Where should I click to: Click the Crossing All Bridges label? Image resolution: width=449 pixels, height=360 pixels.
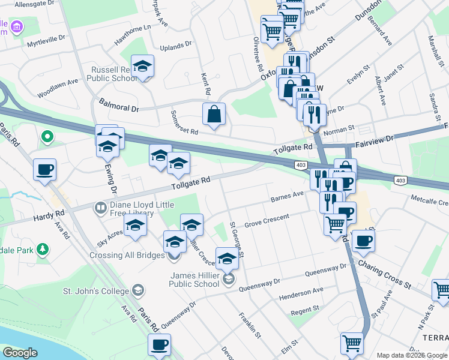(x=127, y=255)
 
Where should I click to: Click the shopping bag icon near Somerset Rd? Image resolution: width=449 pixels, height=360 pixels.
(x=214, y=113)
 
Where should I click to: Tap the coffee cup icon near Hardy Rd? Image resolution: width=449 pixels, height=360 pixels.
(x=44, y=170)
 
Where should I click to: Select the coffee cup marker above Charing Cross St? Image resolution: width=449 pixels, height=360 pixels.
(x=363, y=241)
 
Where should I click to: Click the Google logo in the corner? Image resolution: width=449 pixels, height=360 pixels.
(x=20, y=352)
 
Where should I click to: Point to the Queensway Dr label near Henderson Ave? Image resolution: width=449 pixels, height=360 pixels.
(x=326, y=273)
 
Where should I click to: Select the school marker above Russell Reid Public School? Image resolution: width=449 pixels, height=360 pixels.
(x=143, y=65)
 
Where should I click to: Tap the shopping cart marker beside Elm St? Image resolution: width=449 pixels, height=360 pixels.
(x=352, y=344)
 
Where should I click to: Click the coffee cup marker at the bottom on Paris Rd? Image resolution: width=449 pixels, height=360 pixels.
(x=160, y=345)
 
